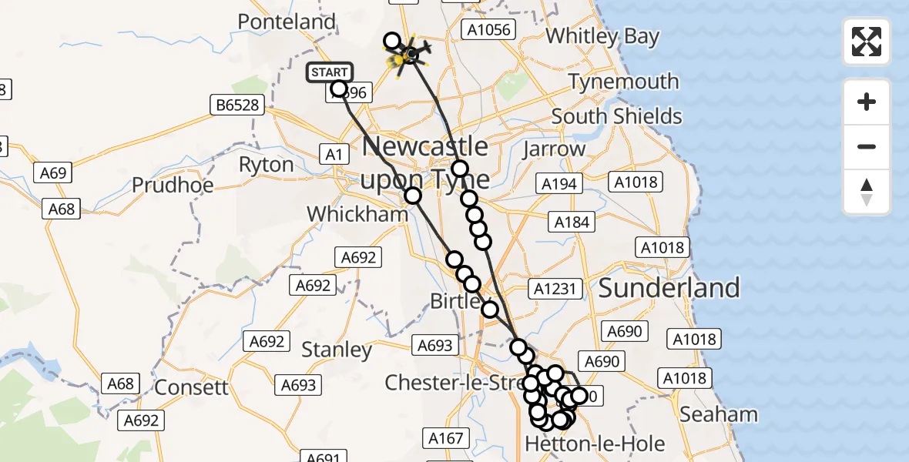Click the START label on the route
(x=330, y=72)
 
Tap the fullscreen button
(x=867, y=42)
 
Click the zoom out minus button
(x=867, y=146)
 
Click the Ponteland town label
(x=287, y=22)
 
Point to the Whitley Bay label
(x=602, y=36)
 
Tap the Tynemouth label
(x=623, y=81)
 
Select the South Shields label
(x=616, y=116)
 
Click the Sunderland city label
(x=669, y=288)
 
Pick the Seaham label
(x=719, y=414)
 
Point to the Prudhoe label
(x=170, y=185)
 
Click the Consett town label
(x=192, y=387)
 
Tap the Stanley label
(x=337, y=350)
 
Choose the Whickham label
(x=357, y=214)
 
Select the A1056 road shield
(x=487, y=29)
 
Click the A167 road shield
(x=446, y=439)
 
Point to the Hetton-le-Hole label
(x=584, y=444)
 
